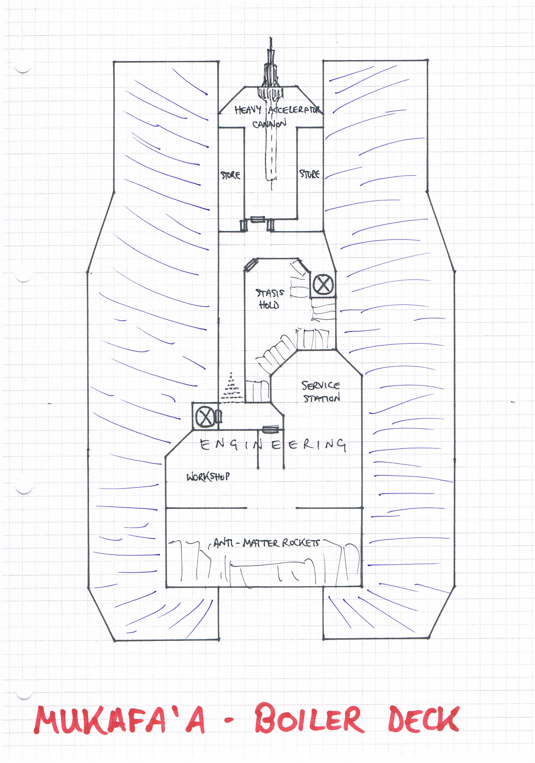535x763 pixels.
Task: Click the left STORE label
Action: [230, 175]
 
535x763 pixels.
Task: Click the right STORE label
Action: [309, 174]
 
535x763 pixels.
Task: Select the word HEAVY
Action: [248, 110]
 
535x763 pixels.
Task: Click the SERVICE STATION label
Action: [321, 391]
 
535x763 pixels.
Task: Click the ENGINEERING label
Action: [273, 445]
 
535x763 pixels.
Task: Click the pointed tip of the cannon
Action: [270, 37]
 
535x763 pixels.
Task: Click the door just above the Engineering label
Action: [271, 429]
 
